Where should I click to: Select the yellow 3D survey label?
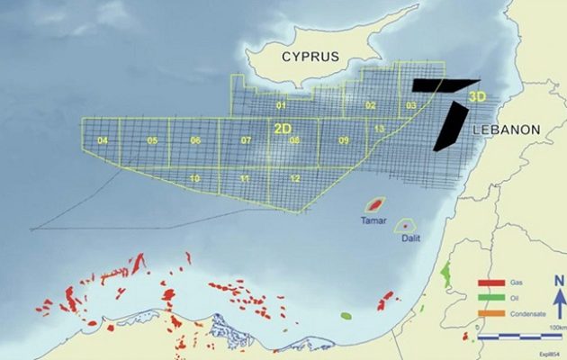click(x=477, y=94)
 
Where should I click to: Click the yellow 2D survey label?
click(x=283, y=129)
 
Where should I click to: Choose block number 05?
click(x=152, y=141)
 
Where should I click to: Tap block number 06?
click(x=195, y=141)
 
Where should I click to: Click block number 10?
click(x=195, y=179)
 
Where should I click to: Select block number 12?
click(x=295, y=179)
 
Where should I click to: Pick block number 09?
click(x=343, y=141)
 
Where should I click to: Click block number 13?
click(x=380, y=130)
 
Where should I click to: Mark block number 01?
click(x=281, y=106)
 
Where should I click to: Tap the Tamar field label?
click(x=373, y=220)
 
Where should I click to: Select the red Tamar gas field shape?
click(x=373, y=206)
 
